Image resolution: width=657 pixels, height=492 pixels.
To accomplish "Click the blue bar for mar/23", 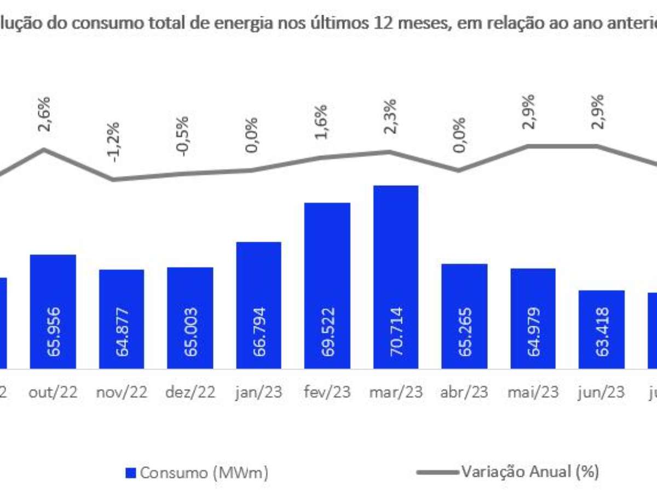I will (x=395, y=276).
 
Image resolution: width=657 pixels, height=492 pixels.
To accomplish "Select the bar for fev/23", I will (x=327, y=285).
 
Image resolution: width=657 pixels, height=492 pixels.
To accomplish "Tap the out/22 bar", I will (x=53, y=311).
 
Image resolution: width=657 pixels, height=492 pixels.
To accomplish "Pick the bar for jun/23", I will (x=601, y=329).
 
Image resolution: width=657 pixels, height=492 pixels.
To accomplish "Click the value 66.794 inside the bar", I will (x=259, y=330).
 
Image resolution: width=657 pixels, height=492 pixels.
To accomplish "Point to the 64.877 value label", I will (x=122, y=330).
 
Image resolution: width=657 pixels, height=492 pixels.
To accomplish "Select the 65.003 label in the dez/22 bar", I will (x=191, y=330).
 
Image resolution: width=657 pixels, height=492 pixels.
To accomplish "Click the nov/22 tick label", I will (x=122, y=393).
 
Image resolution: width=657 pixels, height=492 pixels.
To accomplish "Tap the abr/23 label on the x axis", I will (x=464, y=393).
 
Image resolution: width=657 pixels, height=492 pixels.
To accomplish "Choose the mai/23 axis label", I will (x=533, y=393).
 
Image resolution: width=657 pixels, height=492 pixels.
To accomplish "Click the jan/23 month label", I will (x=258, y=393).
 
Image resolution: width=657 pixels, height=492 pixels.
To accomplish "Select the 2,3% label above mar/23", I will (x=390, y=116).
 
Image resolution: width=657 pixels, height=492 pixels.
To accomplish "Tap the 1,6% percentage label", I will (x=321, y=121).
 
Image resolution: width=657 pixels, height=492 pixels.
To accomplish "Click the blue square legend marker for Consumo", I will (x=131, y=472).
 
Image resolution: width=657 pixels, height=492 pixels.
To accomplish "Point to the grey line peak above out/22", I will (x=44, y=149).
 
